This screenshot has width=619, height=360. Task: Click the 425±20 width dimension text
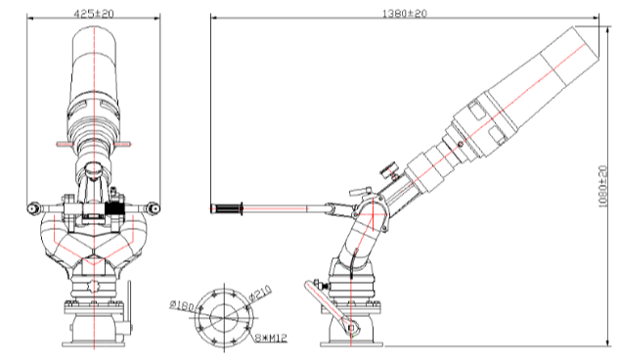point(94,14)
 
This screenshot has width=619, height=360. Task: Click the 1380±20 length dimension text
point(405,14)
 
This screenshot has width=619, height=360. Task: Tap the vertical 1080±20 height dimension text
point(602,186)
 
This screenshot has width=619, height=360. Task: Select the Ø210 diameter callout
point(260,294)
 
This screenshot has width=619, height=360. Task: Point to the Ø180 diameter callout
point(182,306)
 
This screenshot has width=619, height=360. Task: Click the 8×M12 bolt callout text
point(271,338)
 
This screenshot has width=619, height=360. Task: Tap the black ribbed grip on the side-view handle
point(228,208)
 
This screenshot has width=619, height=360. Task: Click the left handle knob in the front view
point(32,208)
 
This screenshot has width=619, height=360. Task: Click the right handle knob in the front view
point(155,208)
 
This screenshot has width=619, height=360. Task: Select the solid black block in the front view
point(114,208)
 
